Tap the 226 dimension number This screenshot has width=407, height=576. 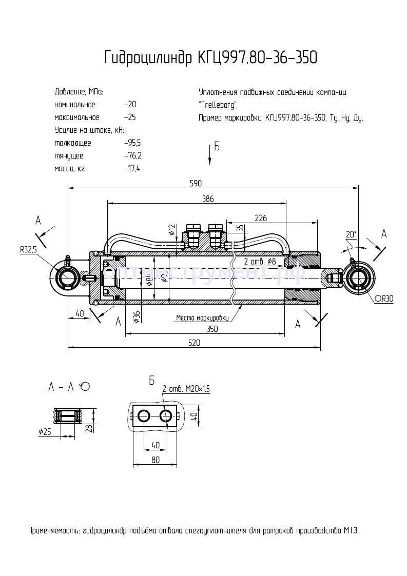pyautogui.click(x=261, y=218)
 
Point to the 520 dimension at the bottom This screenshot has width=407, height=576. pyautogui.click(x=194, y=343)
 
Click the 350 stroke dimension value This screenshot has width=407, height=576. pyautogui.click(x=211, y=329)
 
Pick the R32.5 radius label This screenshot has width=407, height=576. pyautogui.click(x=29, y=250)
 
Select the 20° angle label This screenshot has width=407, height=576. pyautogui.click(x=351, y=234)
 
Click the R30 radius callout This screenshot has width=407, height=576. pyautogui.click(x=384, y=299)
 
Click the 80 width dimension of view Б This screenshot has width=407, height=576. pyautogui.click(x=156, y=460)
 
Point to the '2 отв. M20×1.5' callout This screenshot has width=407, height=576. pyautogui.click(x=186, y=389)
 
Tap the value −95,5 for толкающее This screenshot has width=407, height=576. pyautogui.click(x=132, y=143)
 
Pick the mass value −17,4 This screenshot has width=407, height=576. pyautogui.click(x=132, y=168)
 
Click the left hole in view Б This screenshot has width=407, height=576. pyautogui.click(x=144, y=416)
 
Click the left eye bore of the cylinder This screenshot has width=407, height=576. pyautogui.click(x=66, y=278)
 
